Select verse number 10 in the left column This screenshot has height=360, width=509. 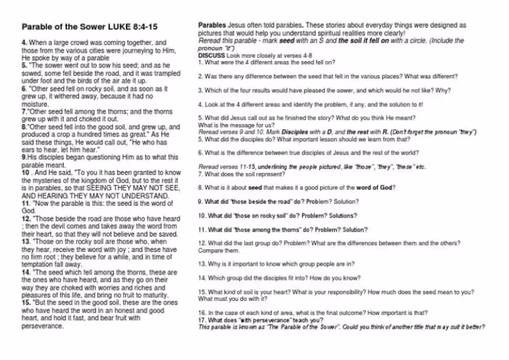coord(26,172)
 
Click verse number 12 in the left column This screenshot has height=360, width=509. coord(26,217)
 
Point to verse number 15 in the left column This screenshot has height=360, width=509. coord(26,303)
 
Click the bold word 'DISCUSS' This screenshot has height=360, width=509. coord(211,55)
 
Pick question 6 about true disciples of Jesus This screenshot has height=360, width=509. coord(308,153)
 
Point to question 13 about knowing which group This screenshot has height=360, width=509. coord(275,263)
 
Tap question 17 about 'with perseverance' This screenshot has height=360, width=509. coord(260,320)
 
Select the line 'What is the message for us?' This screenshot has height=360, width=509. coord(235,125)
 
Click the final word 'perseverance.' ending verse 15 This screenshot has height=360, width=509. coord(43,326)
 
